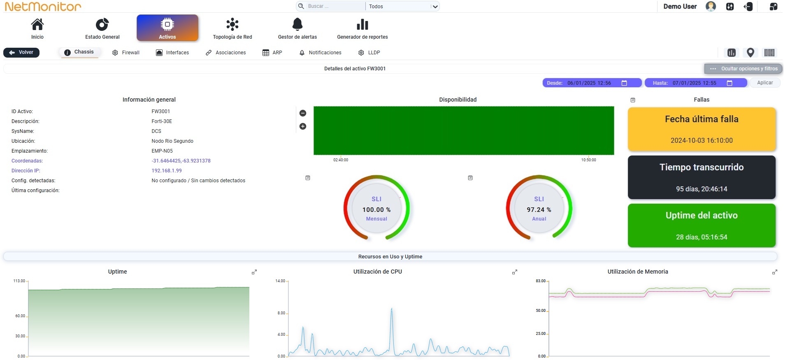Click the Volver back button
pos(21,52)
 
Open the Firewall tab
pos(126,53)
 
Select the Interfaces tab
pos(172,53)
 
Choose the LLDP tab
pos(369,53)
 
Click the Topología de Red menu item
pos(232,28)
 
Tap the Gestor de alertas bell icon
pos(297,24)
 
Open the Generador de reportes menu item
pos(362,28)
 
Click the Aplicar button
pos(765,83)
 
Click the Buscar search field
pos(331,6)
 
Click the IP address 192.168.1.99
pos(167,171)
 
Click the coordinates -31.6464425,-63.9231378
pos(181,161)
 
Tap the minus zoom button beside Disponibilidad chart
pos(303,113)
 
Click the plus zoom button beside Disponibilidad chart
pos(303,126)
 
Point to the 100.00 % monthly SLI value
pos(376,210)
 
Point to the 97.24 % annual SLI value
pos(539,210)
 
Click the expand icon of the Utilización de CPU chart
pos(514,272)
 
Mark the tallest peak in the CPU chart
pos(392,308)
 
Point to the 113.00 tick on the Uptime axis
pos(19,281)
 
